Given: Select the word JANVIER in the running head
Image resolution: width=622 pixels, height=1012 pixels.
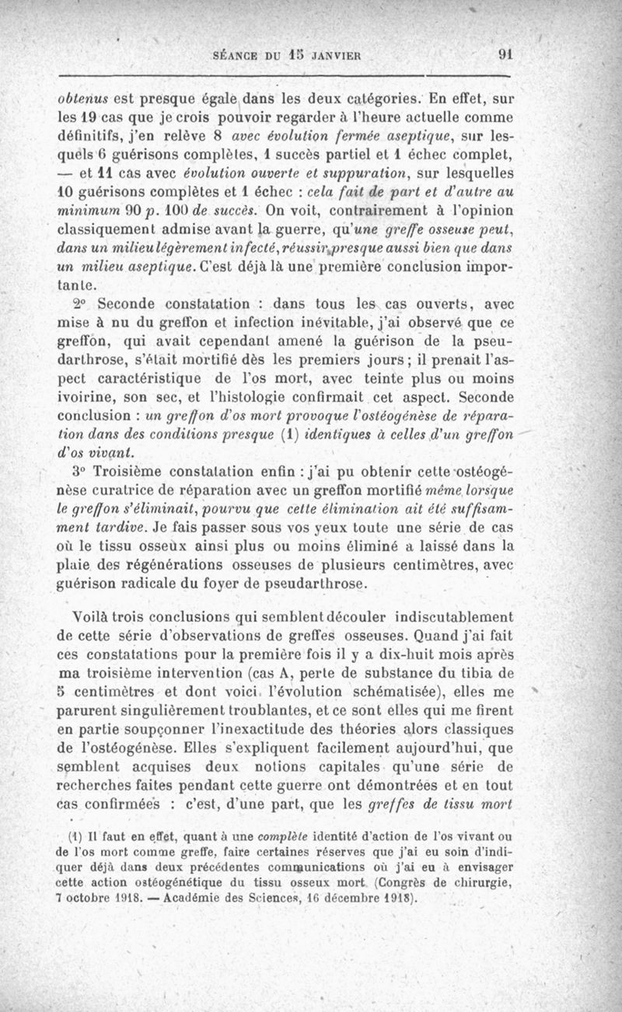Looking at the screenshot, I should (x=339, y=56).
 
